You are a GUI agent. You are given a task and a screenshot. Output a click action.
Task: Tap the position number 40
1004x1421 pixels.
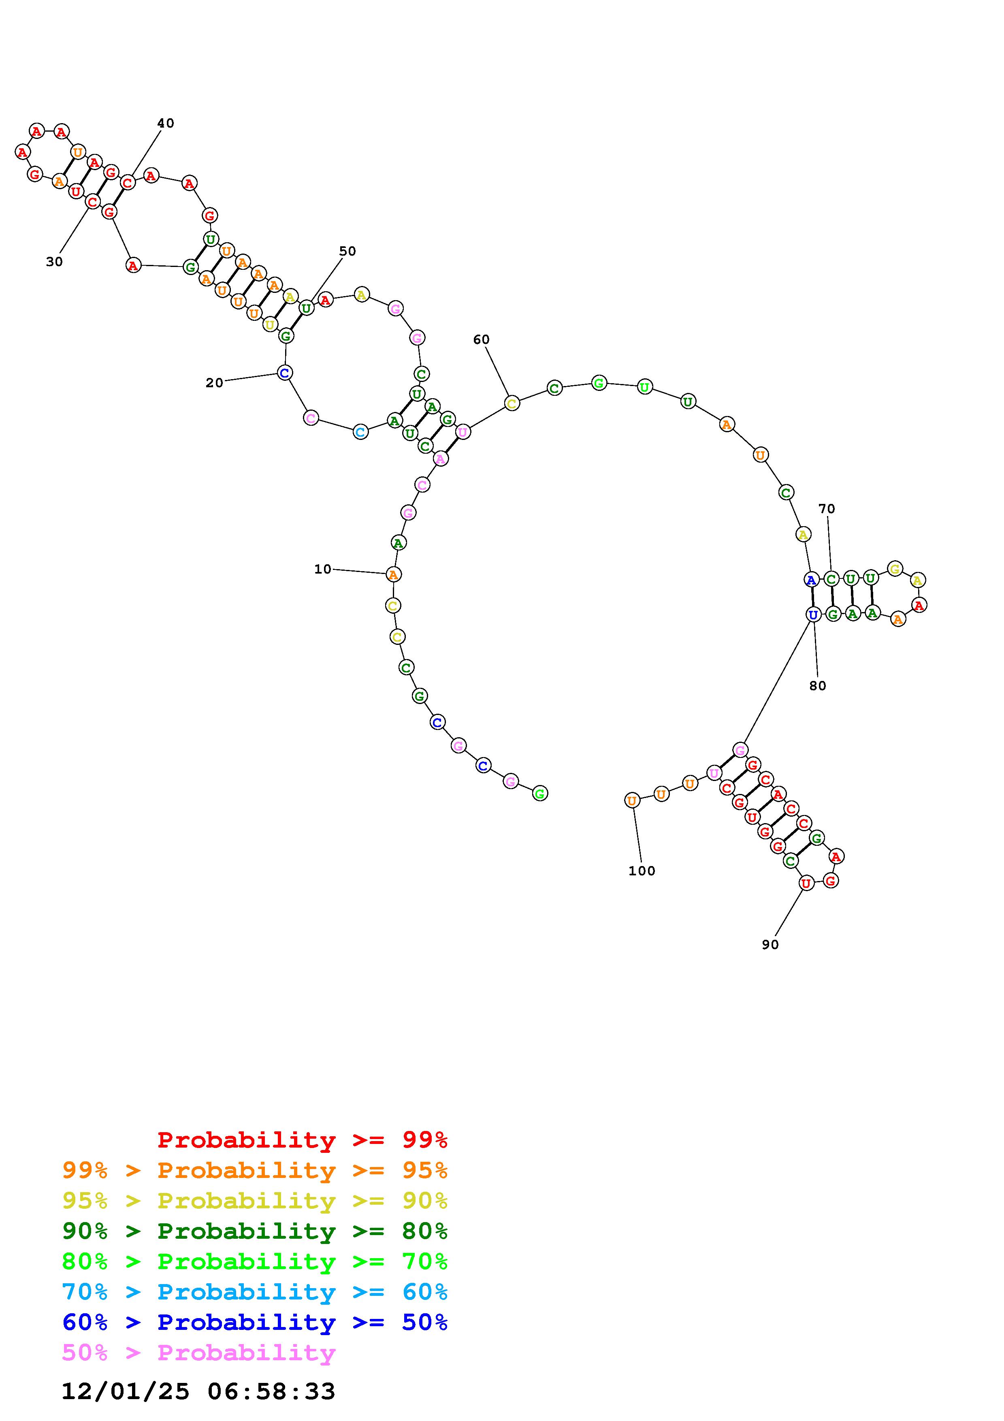[x=165, y=123]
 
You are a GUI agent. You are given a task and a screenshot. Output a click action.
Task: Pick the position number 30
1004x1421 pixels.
[x=54, y=262]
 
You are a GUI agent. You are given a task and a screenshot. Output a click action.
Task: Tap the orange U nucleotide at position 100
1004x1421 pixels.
[x=631, y=800]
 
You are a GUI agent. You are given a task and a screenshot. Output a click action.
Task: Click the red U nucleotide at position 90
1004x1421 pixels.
[x=806, y=883]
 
